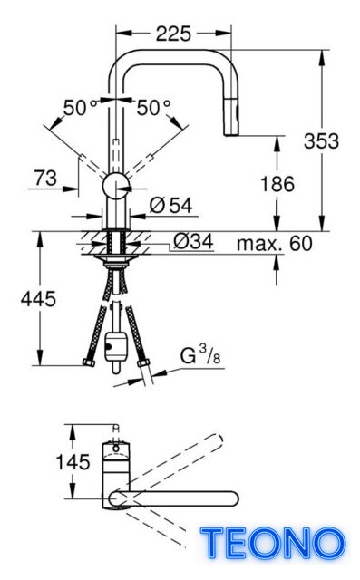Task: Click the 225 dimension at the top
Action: (x=173, y=34)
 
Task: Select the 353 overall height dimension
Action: (x=321, y=141)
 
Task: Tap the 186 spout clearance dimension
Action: (x=277, y=184)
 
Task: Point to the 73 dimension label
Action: (x=46, y=178)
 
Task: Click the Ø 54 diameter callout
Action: (x=171, y=206)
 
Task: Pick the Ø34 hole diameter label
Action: (x=193, y=242)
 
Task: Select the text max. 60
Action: (x=275, y=244)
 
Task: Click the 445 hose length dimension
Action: (x=38, y=298)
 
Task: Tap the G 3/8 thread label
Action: (x=200, y=354)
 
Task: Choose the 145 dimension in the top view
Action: (x=73, y=462)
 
